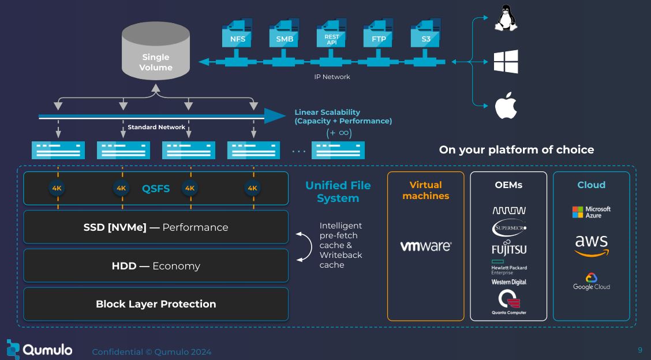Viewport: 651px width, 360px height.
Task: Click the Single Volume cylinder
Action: (156, 55)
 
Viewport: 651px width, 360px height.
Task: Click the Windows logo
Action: (506, 62)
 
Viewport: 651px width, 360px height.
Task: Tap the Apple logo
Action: (506, 106)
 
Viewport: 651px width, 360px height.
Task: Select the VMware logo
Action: (425, 246)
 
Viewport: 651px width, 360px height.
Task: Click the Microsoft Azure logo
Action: (591, 212)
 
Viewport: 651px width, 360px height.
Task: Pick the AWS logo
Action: (591, 245)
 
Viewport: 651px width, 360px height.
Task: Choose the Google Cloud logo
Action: (591, 282)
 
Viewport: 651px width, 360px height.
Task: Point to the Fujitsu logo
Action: (508, 250)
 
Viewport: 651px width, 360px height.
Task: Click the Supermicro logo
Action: (508, 230)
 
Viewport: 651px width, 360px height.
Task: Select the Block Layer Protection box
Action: (156, 304)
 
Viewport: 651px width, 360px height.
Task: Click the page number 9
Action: (639, 350)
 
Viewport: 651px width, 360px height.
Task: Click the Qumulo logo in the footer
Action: (39, 349)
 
